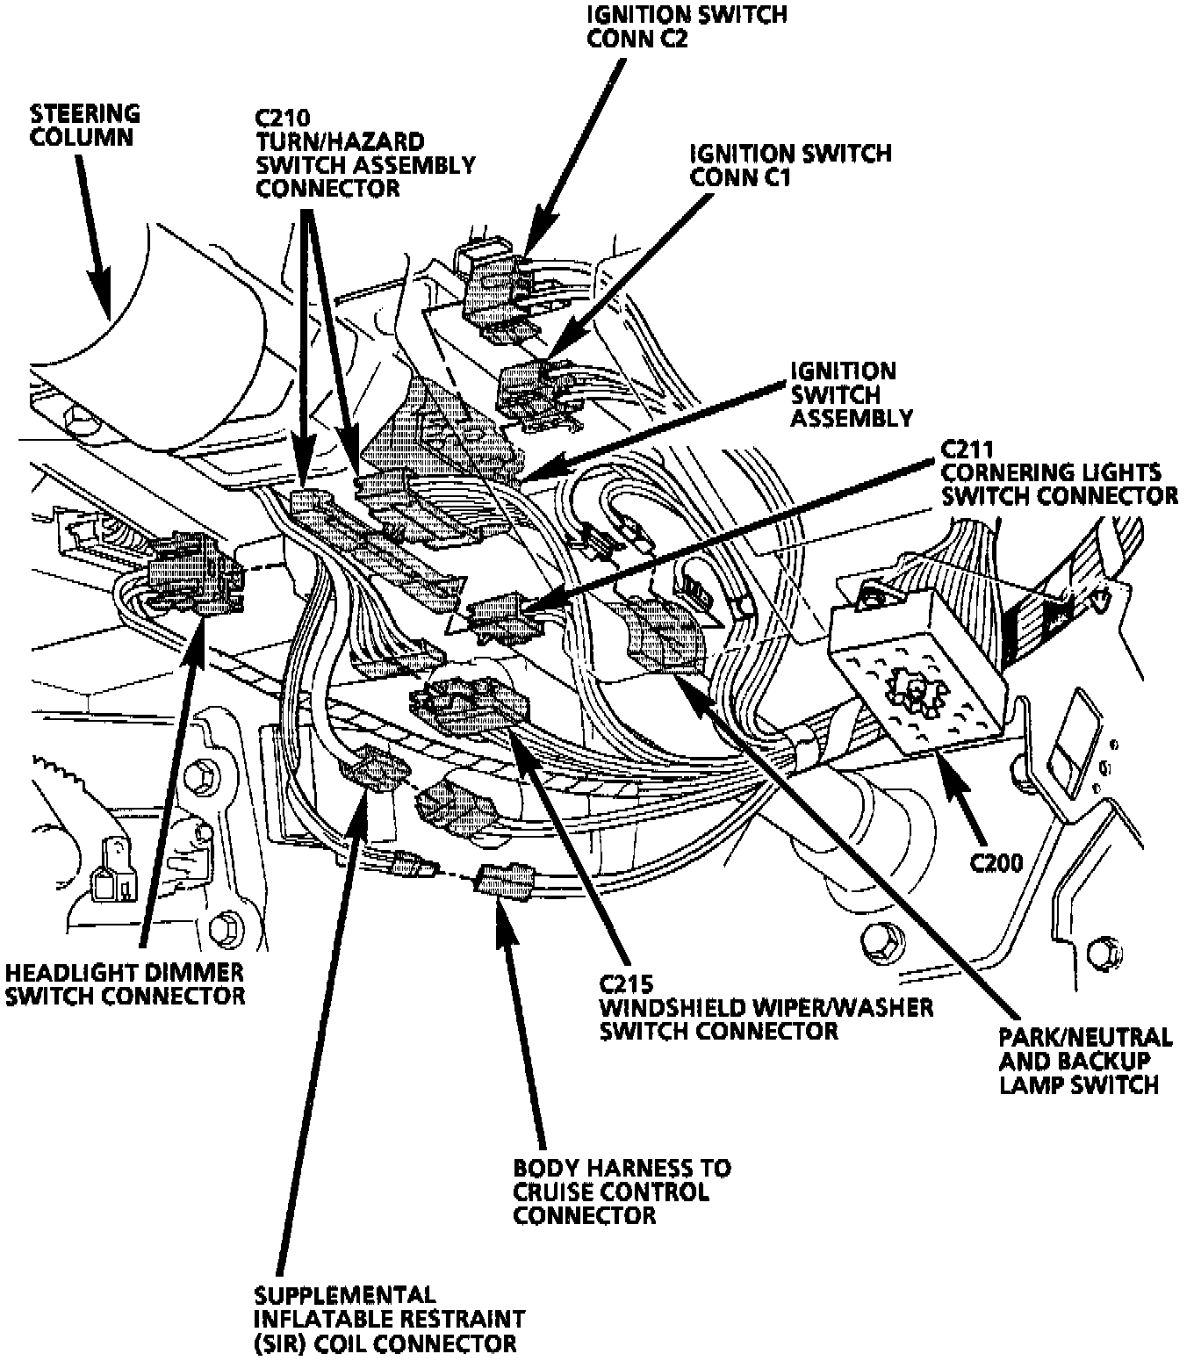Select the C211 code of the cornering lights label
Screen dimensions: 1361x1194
point(966,450)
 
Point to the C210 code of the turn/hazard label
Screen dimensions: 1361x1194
point(280,117)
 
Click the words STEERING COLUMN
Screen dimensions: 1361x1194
point(84,125)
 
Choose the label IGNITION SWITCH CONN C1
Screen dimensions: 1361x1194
point(790,165)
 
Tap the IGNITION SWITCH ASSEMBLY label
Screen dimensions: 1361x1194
point(851,395)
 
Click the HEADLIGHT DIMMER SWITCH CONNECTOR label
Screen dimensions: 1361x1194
point(124,984)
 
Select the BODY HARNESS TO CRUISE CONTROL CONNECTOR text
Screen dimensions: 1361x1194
point(621,1192)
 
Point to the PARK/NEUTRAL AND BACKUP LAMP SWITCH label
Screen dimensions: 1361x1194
point(1085,1061)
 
